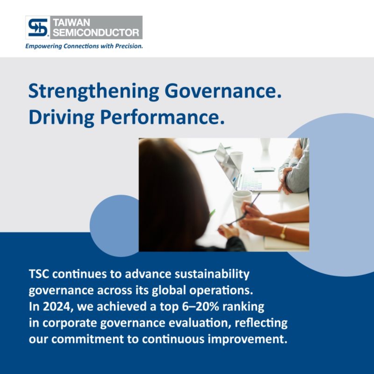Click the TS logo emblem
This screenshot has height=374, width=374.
[x=38, y=27]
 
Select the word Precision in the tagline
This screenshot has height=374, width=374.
[x=129, y=46]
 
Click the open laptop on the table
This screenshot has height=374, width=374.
[x=244, y=168]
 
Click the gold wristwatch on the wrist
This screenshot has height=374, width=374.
[x=283, y=232]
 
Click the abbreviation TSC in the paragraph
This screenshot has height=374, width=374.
[x=39, y=274]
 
